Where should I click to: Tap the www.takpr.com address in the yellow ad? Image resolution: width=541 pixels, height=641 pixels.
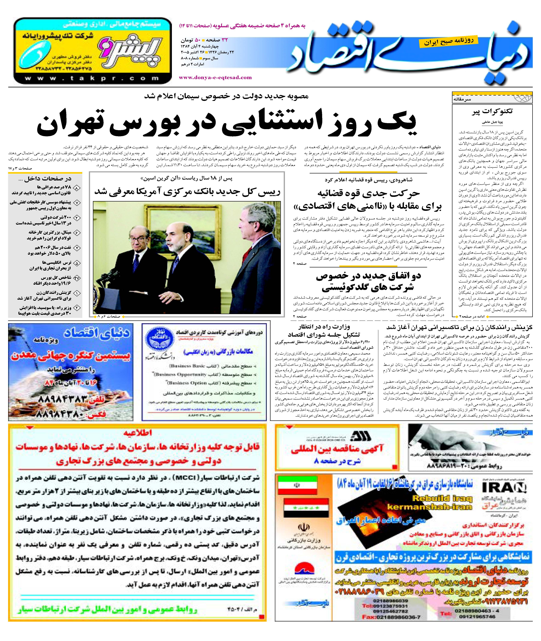coord(92,79)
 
